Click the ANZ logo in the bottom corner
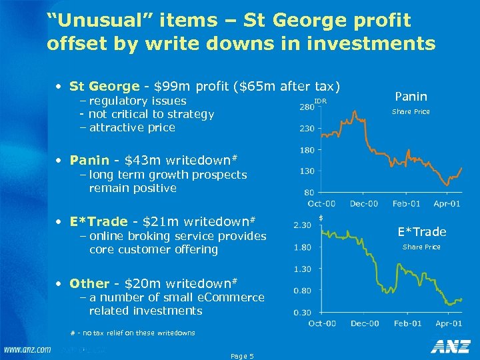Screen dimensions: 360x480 (x=451, y=347)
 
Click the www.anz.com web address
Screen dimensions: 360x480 (x=27, y=349)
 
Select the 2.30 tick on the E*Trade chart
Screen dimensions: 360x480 (x=303, y=225)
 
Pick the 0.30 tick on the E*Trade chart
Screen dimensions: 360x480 (x=303, y=312)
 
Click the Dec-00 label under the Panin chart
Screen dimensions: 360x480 (x=364, y=203)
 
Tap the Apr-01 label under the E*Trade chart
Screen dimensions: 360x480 (x=447, y=323)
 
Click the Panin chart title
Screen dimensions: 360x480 (x=411, y=96)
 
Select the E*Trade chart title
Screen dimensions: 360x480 (x=421, y=232)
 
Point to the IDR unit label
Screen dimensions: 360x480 (x=320, y=101)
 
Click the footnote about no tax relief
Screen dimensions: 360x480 (x=133, y=333)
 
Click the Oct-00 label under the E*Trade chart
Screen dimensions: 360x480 (x=323, y=323)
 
